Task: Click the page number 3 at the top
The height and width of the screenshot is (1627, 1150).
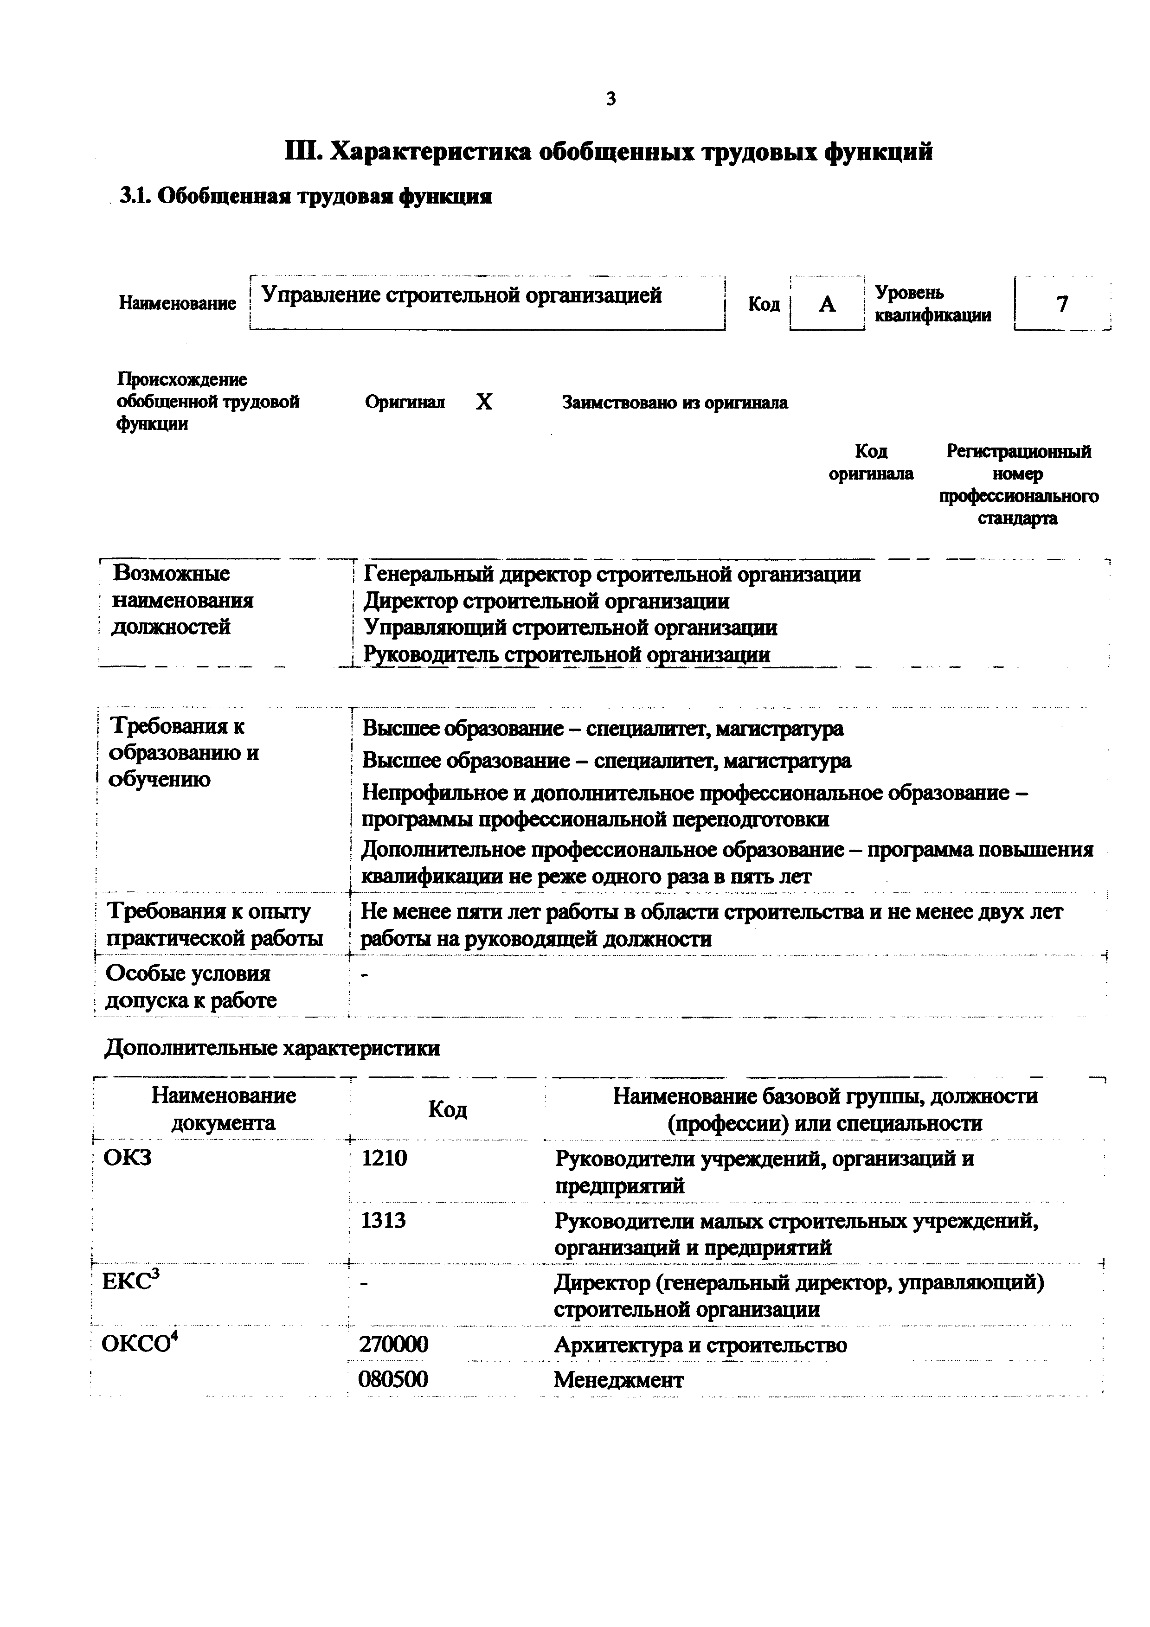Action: (611, 99)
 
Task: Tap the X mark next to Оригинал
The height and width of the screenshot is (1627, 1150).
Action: (483, 403)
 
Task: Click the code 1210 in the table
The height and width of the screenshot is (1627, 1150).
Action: (384, 1159)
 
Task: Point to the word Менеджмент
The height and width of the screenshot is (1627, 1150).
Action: (618, 1380)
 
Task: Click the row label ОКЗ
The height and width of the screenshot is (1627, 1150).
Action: (128, 1159)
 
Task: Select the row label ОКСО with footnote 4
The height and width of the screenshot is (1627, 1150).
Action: (139, 1344)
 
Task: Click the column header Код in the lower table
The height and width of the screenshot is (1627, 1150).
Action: (447, 1109)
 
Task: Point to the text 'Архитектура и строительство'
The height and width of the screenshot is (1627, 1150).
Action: (700, 1344)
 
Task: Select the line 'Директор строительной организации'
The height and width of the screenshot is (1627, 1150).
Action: (546, 601)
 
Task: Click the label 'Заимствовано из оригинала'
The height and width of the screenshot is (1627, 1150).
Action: (675, 403)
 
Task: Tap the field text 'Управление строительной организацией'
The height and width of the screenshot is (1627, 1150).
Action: (462, 295)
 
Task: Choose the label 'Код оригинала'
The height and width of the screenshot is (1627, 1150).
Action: (871, 462)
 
